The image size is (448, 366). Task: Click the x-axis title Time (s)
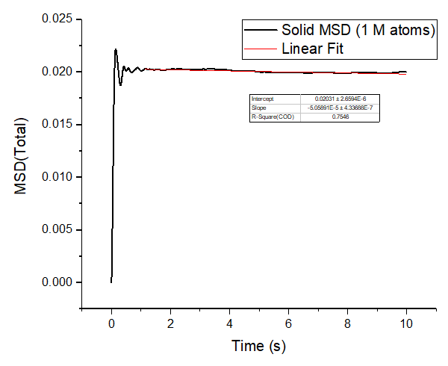pos(258,346)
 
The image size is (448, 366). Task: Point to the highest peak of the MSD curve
pos(116,49)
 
